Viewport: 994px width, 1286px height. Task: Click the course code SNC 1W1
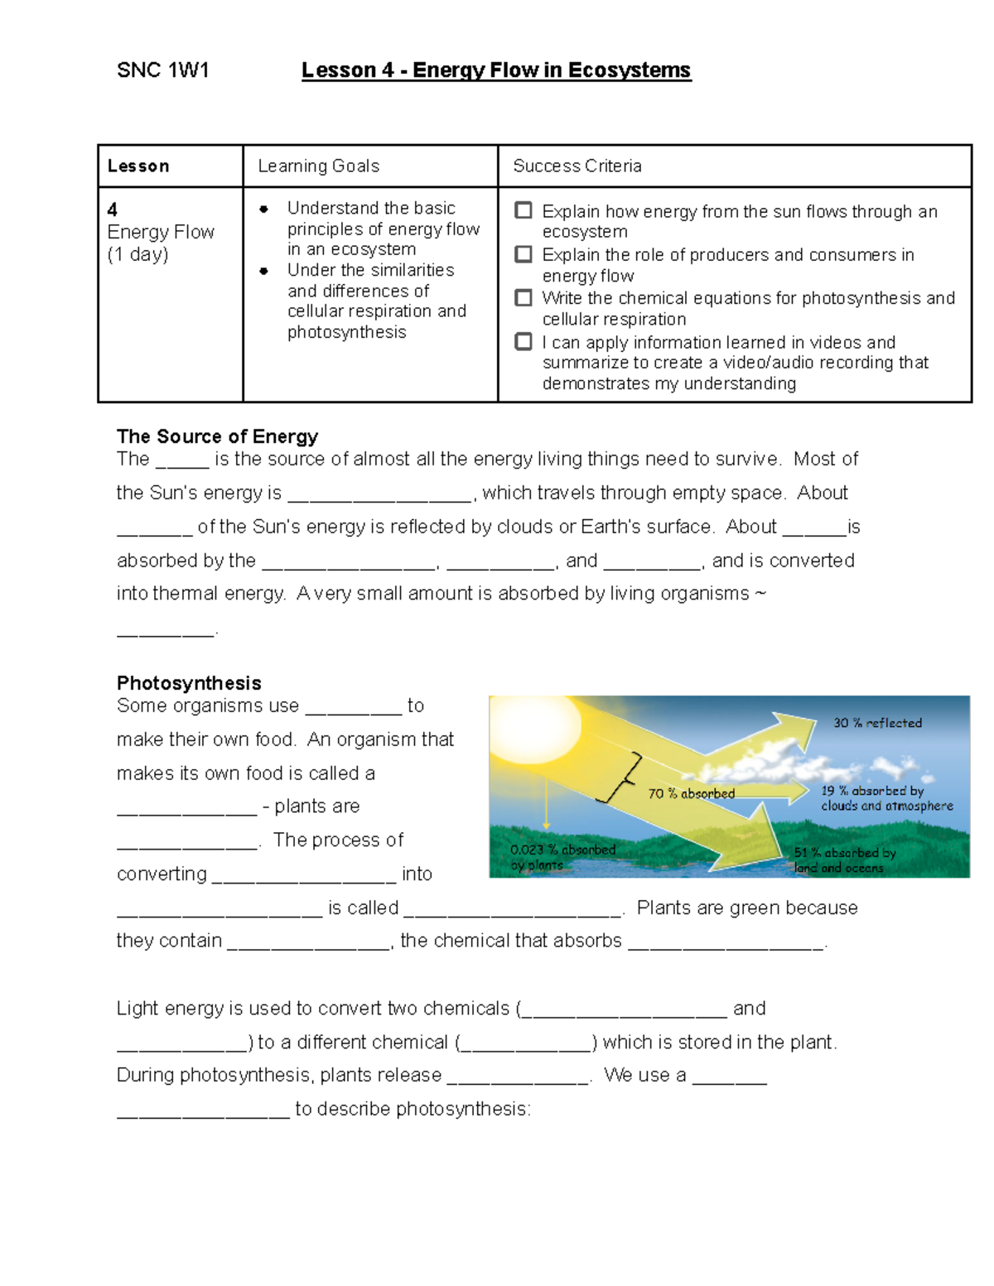tap(162, 70)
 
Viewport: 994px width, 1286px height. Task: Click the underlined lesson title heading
tap(495, 70)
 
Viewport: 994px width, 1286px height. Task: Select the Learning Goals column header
tap(318, 166)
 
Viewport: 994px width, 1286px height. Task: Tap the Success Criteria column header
tap(577, 166)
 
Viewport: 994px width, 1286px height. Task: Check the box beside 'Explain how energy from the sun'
tap(524, 210)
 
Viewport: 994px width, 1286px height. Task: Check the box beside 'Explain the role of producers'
tap(524, 254)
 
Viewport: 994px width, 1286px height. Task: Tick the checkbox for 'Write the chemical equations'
tap(524, 297)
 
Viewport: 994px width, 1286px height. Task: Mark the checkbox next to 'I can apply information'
tap(524, 341)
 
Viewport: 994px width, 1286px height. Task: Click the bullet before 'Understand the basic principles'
tap(263, 209)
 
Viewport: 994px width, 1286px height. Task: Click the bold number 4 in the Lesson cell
tap(112, 210)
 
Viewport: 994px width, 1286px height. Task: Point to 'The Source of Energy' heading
tap(217, 436)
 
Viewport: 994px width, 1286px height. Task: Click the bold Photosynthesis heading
tap(189, 683)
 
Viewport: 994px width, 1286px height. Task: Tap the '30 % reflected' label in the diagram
tap(877, 723)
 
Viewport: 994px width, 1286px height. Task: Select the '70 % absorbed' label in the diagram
tap(691, 793)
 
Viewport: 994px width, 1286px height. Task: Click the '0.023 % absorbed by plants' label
tap(562, 857)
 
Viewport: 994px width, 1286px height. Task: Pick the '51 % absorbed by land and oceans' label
tap(843, 860)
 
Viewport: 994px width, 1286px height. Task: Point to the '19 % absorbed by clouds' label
tap(885, 798)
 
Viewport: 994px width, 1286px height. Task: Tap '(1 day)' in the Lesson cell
tap(138, 254)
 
